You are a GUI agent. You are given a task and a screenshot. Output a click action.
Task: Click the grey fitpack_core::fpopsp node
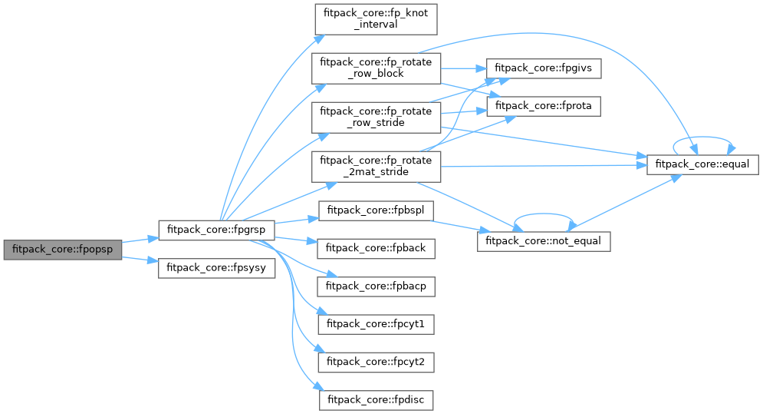63,250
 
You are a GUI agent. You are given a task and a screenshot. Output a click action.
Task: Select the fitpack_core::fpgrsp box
216,230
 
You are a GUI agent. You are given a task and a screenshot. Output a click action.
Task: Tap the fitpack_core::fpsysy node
216,269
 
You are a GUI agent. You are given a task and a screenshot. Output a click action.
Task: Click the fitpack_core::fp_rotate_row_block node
376,68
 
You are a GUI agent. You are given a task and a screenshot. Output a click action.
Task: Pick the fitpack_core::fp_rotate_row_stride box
376,117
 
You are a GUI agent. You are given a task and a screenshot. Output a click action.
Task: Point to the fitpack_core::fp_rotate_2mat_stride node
376,166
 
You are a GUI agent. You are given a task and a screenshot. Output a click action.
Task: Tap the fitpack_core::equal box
703,164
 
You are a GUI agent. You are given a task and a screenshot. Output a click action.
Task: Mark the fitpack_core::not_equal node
544,240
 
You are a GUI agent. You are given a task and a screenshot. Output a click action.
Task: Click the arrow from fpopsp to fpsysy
140,260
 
